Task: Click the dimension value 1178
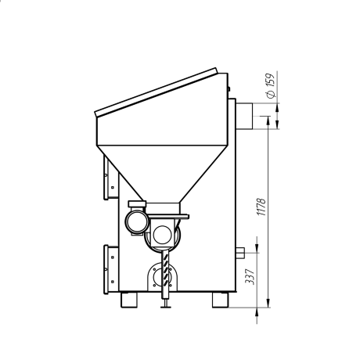pyautogui.click(x=261, y=207)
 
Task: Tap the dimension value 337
pyautogui.click(x=250, y=277)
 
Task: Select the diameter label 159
pyautogui.click(x=271, y=81)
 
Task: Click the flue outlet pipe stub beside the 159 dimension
pyautogui.click(x=244, y=116)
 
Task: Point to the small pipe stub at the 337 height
pyautogui.click(x=240, y=253)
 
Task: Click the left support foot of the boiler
pyautogui.click(x=129, y=300)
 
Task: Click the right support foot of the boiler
pyautogui.click(x=220, y=300)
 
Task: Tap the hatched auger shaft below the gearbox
pyautogui.click(x=165, y=274)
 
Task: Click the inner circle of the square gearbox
pyautogui.click(x=162, y=234)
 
